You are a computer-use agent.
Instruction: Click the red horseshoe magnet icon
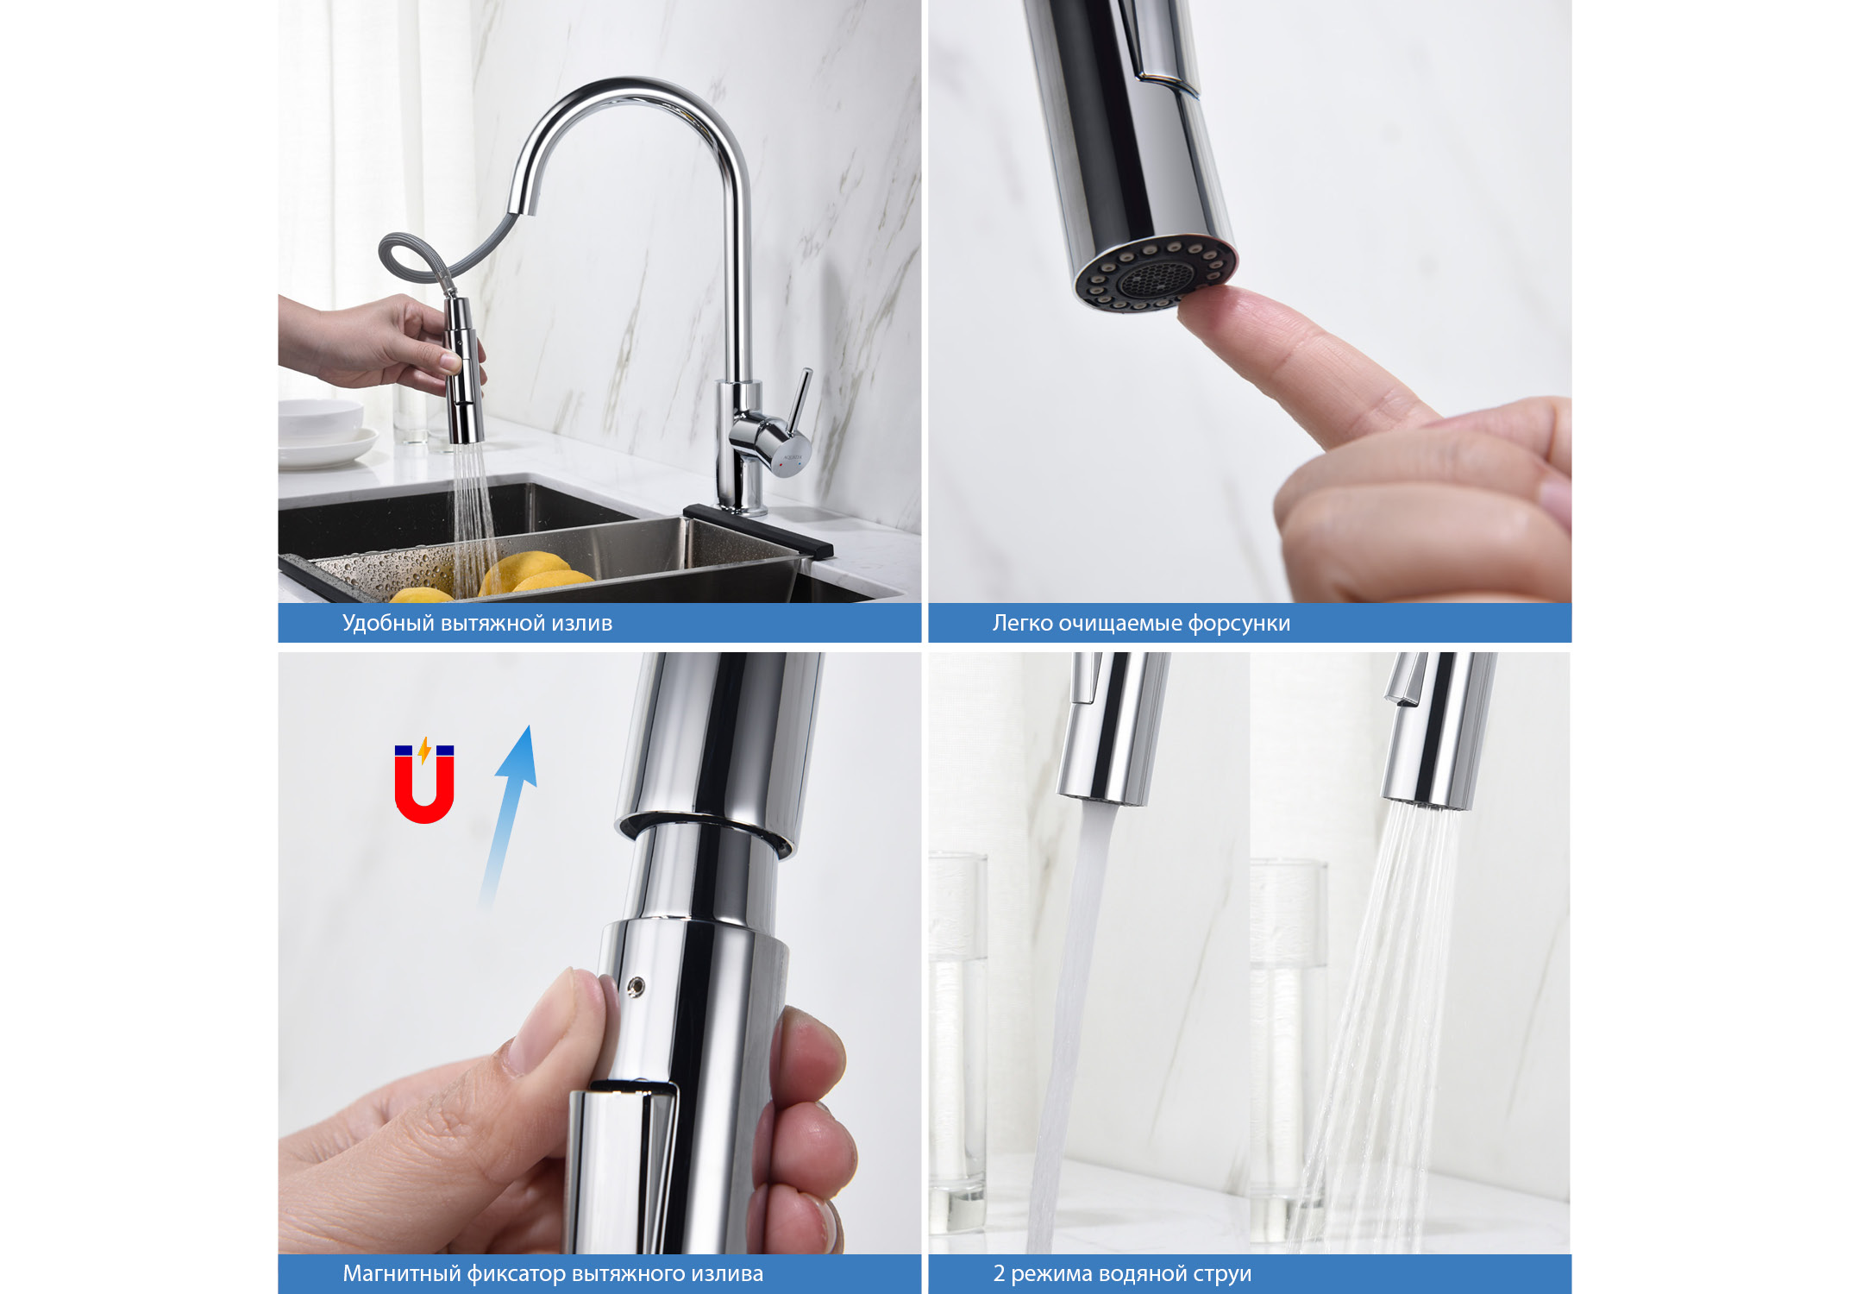tap(423, 790)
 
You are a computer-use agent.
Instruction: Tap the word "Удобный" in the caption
tap(388, 623)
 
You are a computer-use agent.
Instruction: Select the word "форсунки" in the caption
tap(1239, 623)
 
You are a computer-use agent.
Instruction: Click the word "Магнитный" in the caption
tap(401, 1274)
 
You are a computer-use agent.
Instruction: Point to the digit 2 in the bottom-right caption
tap(999, 1274)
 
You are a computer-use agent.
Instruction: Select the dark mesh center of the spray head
tap(1157, 276)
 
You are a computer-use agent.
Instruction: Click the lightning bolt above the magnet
tap(424, 749)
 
